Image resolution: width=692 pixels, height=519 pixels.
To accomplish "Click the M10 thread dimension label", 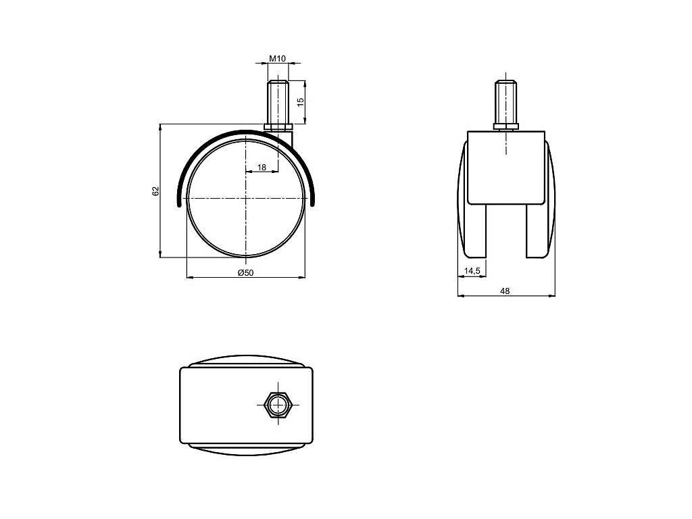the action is [278, 58].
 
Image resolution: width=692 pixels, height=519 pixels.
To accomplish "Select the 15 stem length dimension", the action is [301, 102].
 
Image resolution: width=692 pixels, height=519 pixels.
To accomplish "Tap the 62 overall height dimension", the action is [155, 191].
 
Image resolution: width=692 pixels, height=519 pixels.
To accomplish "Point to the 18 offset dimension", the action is [262, 168].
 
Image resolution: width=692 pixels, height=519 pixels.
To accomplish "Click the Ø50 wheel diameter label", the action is [246, 273].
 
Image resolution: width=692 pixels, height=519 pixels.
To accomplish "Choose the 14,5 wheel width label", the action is [472, 270].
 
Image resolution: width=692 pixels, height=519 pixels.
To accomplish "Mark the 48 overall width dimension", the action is [505, 291].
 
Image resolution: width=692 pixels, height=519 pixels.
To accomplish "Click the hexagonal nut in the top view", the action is [278, 404].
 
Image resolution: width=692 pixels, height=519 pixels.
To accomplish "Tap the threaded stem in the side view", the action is [278, 102].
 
